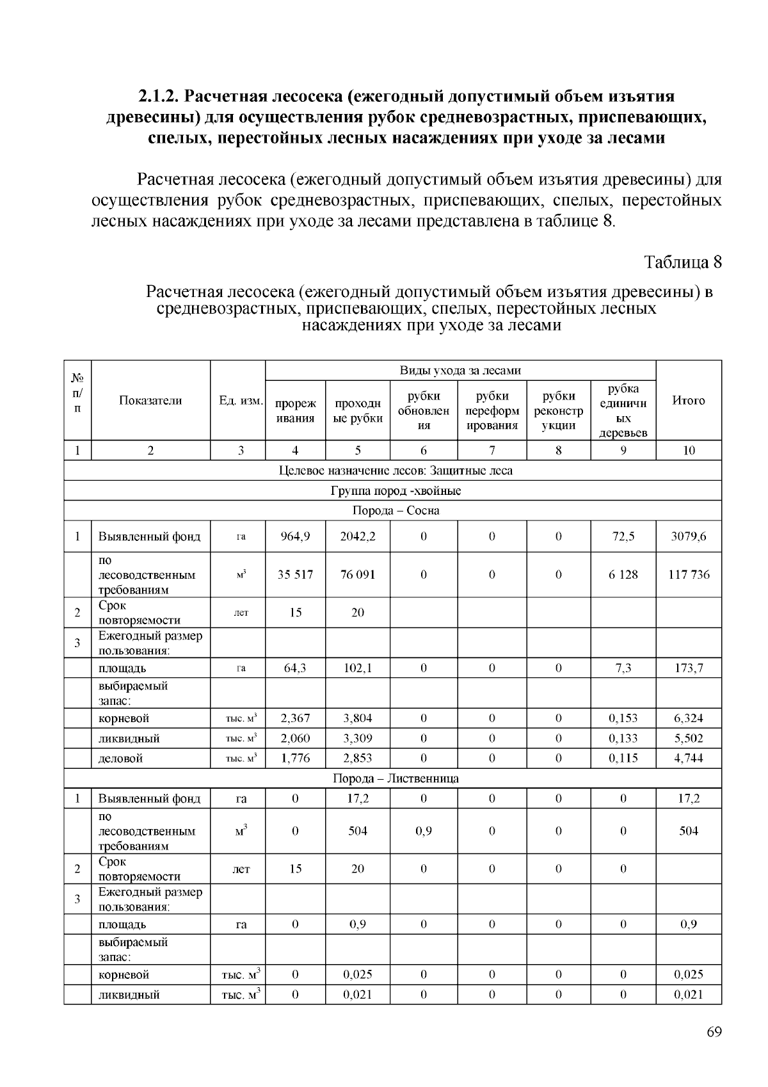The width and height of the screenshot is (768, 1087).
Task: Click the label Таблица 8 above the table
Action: tap(683, 262)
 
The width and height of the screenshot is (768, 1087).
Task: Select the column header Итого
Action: tap(688, 401)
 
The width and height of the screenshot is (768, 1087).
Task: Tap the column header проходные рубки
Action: tap(358, 411)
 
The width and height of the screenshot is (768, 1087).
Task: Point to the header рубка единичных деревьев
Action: tap(623, 411)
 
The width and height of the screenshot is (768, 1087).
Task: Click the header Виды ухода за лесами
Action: tap(460, 371)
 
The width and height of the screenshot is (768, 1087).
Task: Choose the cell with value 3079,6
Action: tap(688, 536)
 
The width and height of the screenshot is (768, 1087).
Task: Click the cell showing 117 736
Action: tap(688, 574)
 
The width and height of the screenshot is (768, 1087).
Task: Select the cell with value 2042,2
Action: tap(358, 536)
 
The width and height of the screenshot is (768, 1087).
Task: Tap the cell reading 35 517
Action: tap(295, 574)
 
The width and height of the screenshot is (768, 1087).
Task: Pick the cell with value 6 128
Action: tap(623, 574)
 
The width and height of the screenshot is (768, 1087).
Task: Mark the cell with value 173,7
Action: tap(688, 668)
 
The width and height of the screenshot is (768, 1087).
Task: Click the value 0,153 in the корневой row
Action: tap(623, 718)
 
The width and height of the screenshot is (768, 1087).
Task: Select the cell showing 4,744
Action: tap(688, 759)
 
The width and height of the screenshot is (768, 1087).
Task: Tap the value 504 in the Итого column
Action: tap(688, 831)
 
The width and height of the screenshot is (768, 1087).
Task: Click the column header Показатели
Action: tap(150, 401)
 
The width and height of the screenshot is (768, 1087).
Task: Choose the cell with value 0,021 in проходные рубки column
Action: tap(358, 995)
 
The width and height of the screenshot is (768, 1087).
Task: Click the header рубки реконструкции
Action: tap(558, 411)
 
